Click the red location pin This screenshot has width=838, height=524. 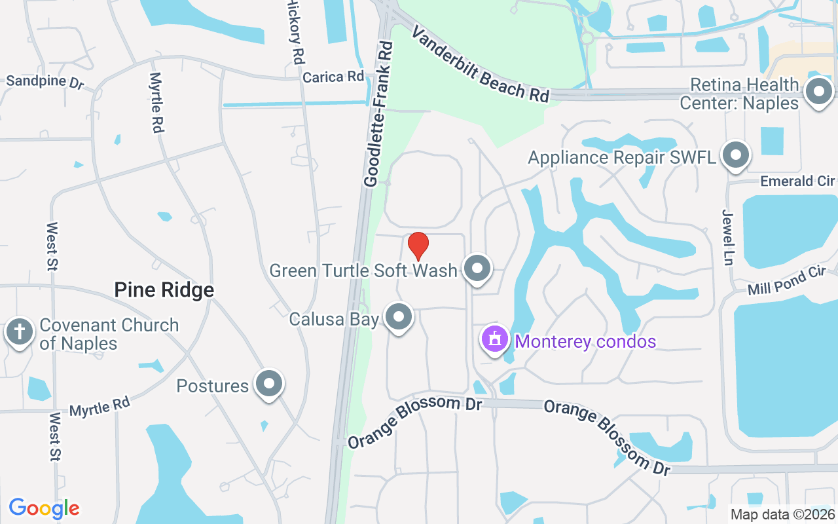[x=418, y=246]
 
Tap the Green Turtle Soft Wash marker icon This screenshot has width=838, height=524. [x=477, y=268]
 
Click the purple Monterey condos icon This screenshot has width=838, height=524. [x=496, y=339]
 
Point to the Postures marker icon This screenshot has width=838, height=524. [x=268, y=384]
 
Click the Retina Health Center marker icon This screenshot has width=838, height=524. [x=818, y=92]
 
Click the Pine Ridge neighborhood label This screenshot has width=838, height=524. [x=164, y=290]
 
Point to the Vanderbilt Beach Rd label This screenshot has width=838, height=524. [x=479, y=64]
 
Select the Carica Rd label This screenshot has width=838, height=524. [x=333, y=77]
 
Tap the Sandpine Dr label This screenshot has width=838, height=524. [x=46, y=82]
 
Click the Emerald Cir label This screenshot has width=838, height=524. [x=797, y=181]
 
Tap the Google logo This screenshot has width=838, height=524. [x=44, y=508]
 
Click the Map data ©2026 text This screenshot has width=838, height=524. [x=782, y=514]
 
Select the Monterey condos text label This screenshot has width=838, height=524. [x=585, y=341]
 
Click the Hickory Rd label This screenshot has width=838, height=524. [x=296, y=33]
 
